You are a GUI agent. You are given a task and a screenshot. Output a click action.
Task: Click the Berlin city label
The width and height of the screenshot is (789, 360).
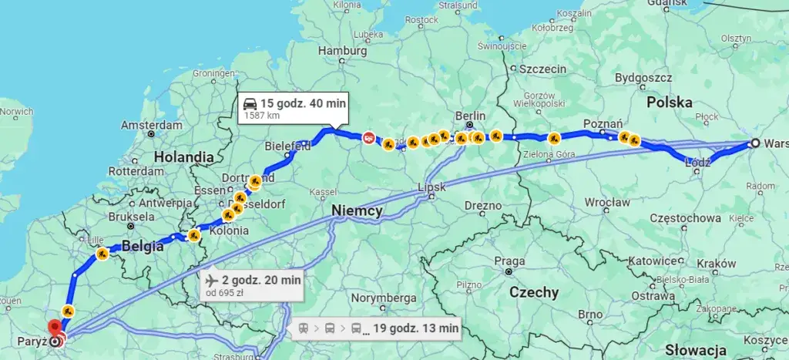470,116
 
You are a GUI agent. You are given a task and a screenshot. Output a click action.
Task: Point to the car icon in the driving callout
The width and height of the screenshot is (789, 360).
250,103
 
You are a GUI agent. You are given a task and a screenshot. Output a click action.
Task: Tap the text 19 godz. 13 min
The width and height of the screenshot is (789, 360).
415,328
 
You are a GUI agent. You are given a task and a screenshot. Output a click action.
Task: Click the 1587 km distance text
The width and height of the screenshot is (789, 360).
261,116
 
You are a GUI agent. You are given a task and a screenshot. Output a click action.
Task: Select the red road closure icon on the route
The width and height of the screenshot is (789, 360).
369,138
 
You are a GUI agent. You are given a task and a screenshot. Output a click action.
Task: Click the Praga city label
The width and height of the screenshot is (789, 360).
509,261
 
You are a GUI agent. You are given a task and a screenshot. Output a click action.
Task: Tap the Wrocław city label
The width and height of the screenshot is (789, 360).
607,203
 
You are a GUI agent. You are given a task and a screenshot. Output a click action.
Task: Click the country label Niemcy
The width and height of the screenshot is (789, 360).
357,210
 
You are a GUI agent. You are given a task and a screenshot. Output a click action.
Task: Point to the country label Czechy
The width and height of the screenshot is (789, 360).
534,292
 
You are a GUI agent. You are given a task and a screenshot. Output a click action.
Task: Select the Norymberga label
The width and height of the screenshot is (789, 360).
384,298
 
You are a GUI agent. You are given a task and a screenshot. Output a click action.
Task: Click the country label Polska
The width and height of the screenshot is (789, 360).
669,102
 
